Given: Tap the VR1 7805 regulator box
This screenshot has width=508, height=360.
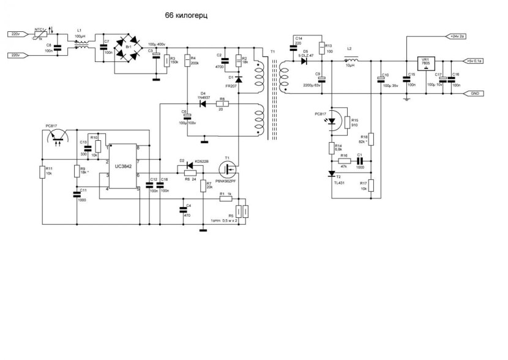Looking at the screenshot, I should click(425, 64).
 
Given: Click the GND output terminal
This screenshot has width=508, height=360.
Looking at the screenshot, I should click(474, 93).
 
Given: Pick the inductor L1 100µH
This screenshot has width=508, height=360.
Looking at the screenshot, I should click(80, 42).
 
